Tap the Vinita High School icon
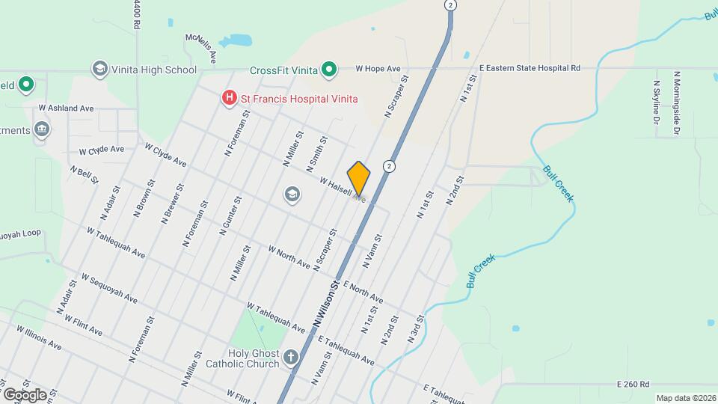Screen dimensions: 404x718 point(99,70)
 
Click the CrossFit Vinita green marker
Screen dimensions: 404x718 point(328,71)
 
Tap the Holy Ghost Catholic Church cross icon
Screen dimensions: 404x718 point(291,358)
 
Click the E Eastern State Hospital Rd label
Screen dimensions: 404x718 point(530,67)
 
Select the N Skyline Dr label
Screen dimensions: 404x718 point(656,102)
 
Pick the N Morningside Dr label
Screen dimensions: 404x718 point(675,103)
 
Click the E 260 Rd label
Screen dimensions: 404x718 point(633,384)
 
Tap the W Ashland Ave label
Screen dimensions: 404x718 point(66,108)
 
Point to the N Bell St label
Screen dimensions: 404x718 point(84,174)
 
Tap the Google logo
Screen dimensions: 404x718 point(24,394)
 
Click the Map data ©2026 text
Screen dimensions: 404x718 point(685,398)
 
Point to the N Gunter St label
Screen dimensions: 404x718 point(230,216)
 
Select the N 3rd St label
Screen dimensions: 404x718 point(416,329)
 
